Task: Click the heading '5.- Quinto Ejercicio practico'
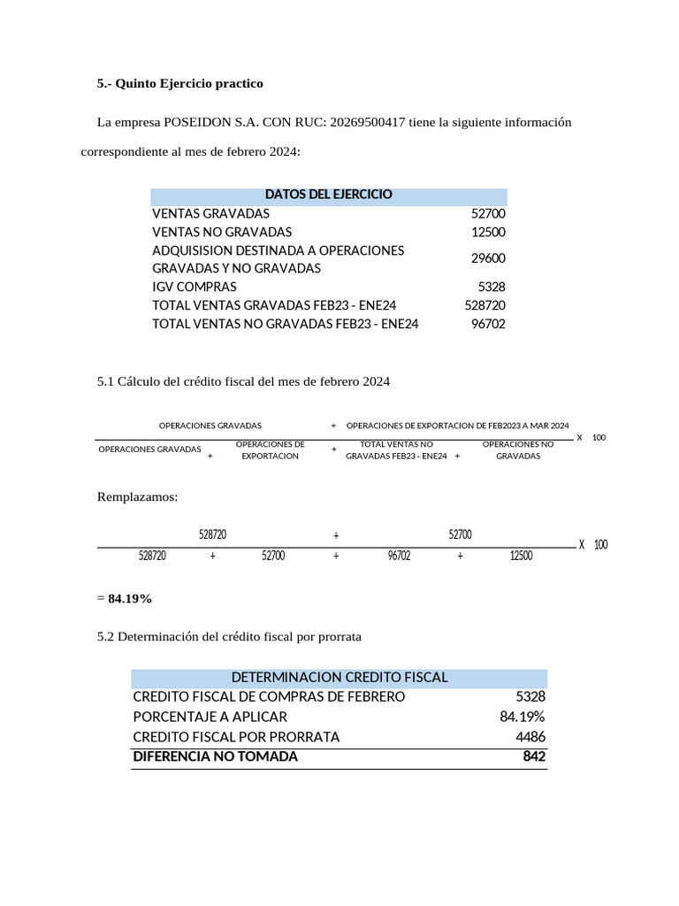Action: (x=179, y=83)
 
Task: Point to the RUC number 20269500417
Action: (x=367, y=122)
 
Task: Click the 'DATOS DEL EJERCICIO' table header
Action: (x=328, y=195)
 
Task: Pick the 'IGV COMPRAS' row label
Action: (x=195, y=287)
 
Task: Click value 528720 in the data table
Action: (x=484, y=305)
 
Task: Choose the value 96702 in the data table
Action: (x=488, y=324)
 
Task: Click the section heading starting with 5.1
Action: (x=243, y=381)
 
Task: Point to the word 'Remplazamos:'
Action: (x=137, y=497)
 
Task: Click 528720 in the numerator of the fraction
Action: (x=213, y=534)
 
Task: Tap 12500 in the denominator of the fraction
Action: (x=522, y=556)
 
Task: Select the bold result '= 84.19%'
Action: (x=125, y=599)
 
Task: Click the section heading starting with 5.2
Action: (x=229, y=636)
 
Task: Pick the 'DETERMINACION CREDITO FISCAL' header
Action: (x=339, y=677)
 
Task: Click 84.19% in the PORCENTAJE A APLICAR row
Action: (x=522, y=717)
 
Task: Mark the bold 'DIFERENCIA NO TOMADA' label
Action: (x=215, y=756)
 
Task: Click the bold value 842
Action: (x=534, y=756)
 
